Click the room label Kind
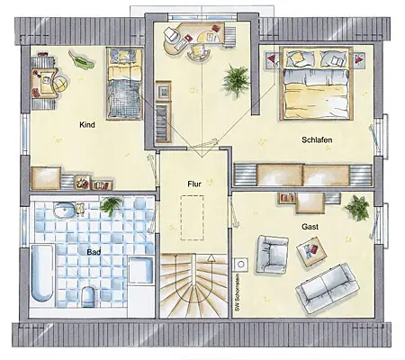(x=87, y=124)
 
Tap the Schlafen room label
(x=317, y=139)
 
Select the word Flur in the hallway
(x=194, y=184)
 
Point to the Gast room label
(x=310, y=227)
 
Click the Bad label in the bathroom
(x=94, y=252)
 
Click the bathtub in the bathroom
(x=42, y=273)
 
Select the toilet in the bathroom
(x=88, y=296)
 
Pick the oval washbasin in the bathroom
(x=64, y=209)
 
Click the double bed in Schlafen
(x=316, y=84)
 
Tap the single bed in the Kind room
(x=124, y=84)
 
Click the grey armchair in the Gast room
(x=272, y=255)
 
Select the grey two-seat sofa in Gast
(x=328, y=288)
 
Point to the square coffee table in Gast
(x=311, y=251)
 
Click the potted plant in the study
(x=237, y=80)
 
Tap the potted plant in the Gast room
(x=357, y=208)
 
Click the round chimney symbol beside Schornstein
(x=240, y=265)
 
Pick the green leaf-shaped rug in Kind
(x=82, y=60)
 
